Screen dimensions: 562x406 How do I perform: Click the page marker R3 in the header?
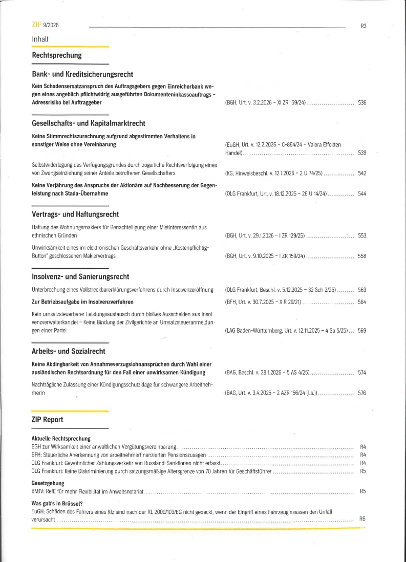pos(363,26)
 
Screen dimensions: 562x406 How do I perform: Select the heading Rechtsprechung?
pos(57,55)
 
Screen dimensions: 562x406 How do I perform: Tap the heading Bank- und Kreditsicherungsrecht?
pos(82,74)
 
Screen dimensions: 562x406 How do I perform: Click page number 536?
pos(362,103)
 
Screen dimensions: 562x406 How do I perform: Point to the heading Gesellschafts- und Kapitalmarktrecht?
pos(89,123)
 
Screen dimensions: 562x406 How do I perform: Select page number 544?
pos(362,194)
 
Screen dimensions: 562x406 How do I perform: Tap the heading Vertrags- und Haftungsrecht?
pos(75,214)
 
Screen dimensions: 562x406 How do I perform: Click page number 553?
pos(362,236)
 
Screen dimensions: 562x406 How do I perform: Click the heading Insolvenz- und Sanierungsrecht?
pos(80,277)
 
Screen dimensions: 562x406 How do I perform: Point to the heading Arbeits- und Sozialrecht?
pos(69,351)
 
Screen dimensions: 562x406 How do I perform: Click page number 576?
pos(362,393)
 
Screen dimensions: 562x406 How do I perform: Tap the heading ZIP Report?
pos(48,420)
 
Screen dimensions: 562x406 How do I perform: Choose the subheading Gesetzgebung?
pos(48,483)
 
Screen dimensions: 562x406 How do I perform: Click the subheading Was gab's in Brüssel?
pos(57,503)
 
